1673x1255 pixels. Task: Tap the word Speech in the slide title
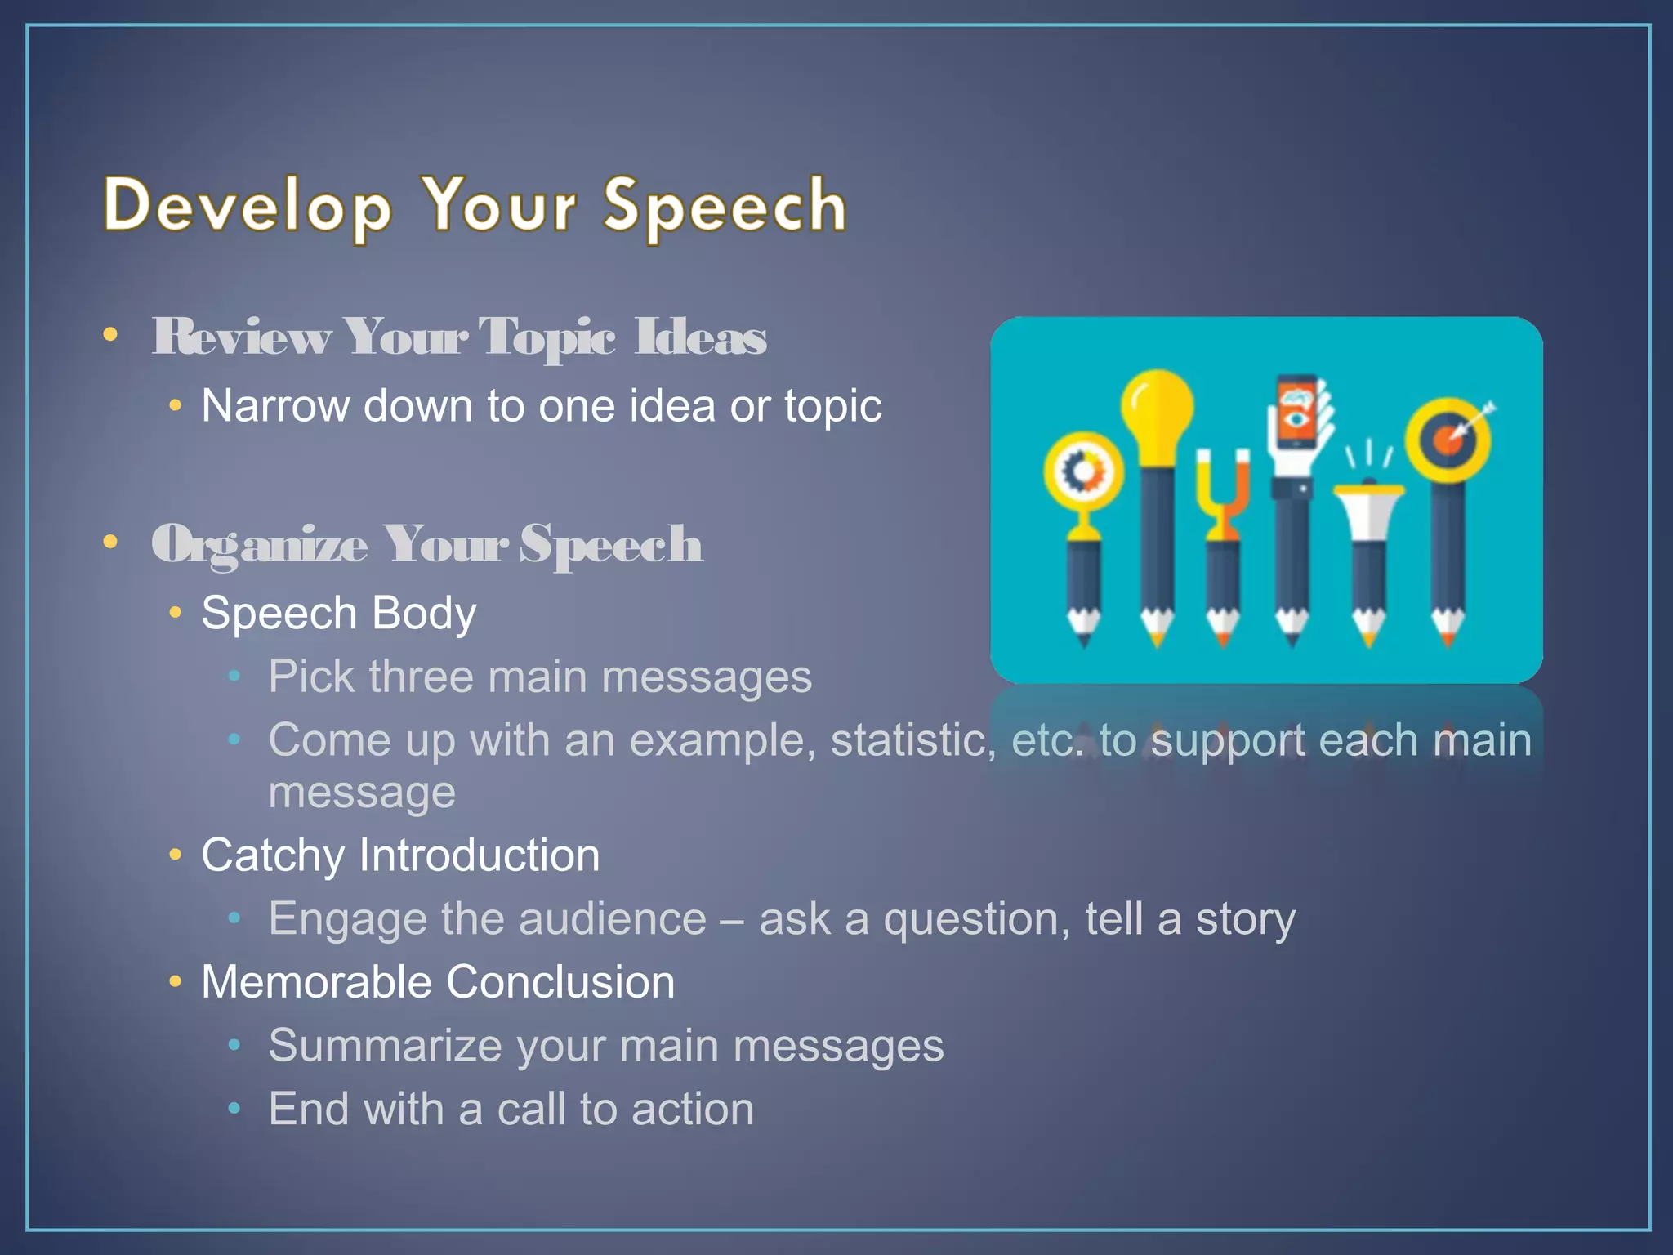(725, 206)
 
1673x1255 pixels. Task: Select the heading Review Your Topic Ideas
(459, 337)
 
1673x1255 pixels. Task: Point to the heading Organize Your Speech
(426, 544)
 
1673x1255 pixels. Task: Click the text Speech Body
(338, 613)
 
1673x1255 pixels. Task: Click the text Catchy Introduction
(400, 855)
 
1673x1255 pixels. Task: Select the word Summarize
(385, 1046)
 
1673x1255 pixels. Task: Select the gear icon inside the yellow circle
(1083, 471)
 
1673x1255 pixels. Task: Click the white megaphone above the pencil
(1369, 507)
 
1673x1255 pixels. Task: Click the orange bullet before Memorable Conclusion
(175, 982)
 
